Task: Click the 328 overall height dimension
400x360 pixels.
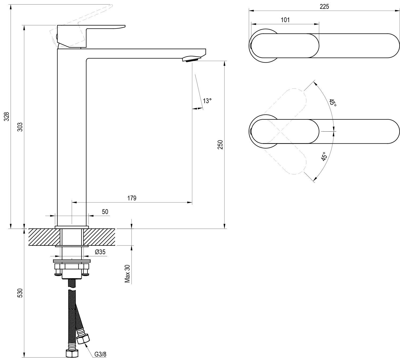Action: click(7, 116)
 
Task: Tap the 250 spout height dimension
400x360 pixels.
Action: click(220, 144)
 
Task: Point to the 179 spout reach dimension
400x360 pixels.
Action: click(132, 198)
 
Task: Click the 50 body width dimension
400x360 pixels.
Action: click(105, 212)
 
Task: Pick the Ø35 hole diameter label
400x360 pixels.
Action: click(100, 252)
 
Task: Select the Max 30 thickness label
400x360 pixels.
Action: click(127, 274)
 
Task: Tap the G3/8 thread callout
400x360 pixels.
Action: click(100, 354)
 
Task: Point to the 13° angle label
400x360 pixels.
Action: click(207, 101)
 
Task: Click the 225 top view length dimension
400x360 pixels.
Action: click(324, 7)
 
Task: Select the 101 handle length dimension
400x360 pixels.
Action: click(285, 20)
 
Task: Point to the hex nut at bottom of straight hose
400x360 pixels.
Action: click(72, 354)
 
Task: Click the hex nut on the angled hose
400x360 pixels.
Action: click(83, 339)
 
